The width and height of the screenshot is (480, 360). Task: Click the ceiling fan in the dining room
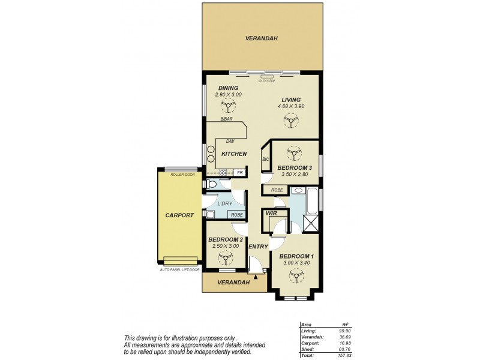(227, 107)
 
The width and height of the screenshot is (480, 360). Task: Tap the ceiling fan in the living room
(291, 122)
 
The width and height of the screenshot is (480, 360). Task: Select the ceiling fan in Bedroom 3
(294, 152)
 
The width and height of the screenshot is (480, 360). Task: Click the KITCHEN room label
(234, 154)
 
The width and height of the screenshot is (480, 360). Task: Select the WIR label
(271, 212)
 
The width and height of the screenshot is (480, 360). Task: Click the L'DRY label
(225, 203)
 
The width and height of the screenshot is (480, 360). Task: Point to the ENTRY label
(258, 247)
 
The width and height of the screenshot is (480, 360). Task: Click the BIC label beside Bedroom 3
(265, 160)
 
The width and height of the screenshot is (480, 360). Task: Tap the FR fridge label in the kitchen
(239, 173)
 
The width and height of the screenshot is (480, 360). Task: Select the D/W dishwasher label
(230, 142)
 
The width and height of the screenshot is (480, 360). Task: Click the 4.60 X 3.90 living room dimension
(291, 106)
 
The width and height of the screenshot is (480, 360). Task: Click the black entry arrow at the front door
(256, 277)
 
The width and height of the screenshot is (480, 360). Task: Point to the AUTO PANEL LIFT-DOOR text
(179, 269)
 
